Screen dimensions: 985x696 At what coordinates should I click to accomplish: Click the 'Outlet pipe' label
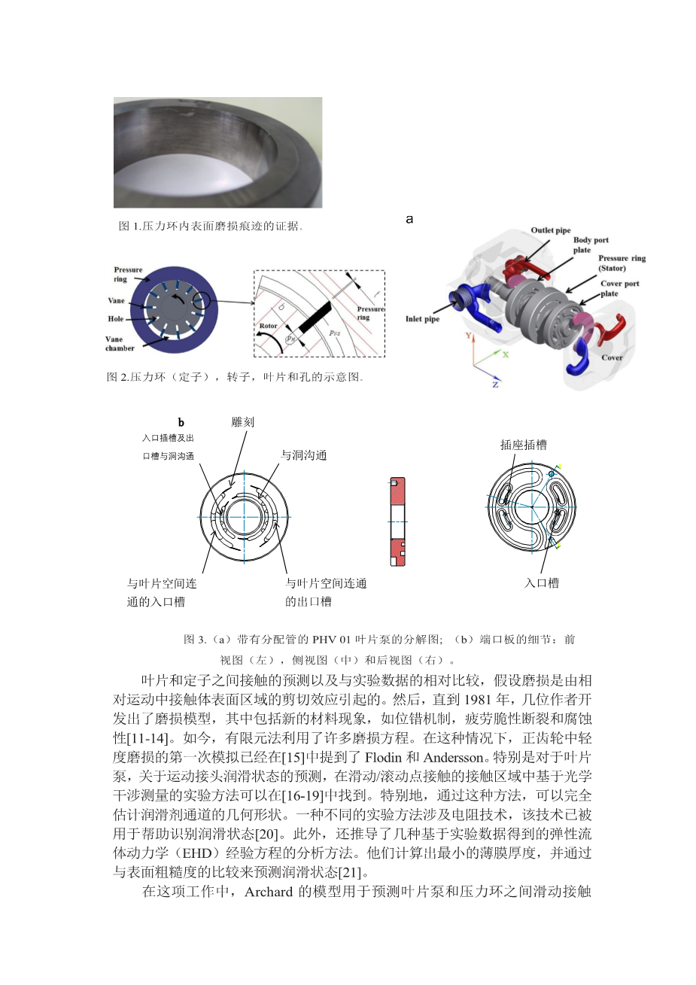[x=551, y=230]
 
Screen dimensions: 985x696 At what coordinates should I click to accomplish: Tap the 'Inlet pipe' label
[x=422, y=319]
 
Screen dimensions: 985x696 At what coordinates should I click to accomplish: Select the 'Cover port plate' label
[x=619, y=288]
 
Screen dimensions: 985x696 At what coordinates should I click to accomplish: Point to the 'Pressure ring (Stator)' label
[x=622, y=263]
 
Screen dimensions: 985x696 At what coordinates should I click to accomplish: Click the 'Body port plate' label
[x=591, y=245]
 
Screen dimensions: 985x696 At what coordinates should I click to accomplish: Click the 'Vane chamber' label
[x=120, y=344]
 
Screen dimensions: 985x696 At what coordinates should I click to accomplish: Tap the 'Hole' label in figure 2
[x=115, y=318]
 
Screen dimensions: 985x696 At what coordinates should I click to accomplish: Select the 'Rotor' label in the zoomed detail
[x=269, y=326]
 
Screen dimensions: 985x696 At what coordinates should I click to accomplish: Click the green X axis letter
[x=506, y=353]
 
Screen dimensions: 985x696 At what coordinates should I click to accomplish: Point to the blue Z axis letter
[x=495, y=385]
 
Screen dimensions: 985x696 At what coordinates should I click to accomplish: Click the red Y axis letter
[x=469, y=336]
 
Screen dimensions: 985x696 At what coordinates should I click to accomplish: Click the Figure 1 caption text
[x=211, y=226]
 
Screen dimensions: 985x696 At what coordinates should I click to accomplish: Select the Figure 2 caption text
[x=236, y=376]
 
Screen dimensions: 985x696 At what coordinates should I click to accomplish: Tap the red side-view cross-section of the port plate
[x=397, y=521]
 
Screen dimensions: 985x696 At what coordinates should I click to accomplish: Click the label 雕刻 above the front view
[x=242, y=422]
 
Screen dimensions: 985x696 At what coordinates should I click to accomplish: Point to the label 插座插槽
[x=524, y=445]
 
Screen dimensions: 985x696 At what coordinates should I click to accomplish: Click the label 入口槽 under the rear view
[x=542, y=582]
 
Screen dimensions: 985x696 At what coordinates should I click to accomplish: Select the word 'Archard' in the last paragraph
[x=269, y=892]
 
